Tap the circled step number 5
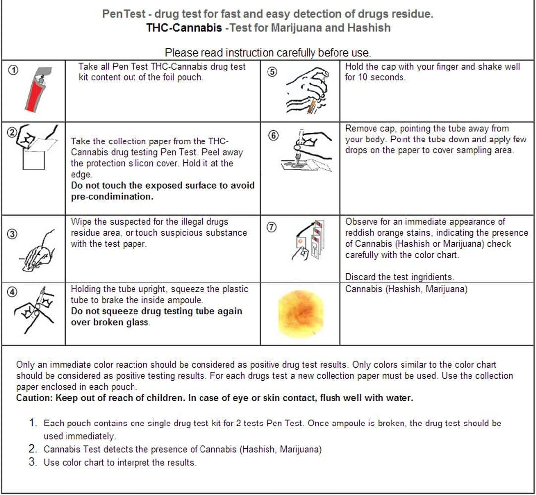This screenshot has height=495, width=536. tap(272, 71)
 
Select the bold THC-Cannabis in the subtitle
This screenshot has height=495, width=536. tap(184, 28)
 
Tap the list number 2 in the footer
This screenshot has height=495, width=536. tap(33, 449)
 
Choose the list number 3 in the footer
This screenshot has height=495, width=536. tap(33, 462)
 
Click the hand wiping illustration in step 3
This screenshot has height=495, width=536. tap(38, 251)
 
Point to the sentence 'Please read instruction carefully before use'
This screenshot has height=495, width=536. tap(268, 52)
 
